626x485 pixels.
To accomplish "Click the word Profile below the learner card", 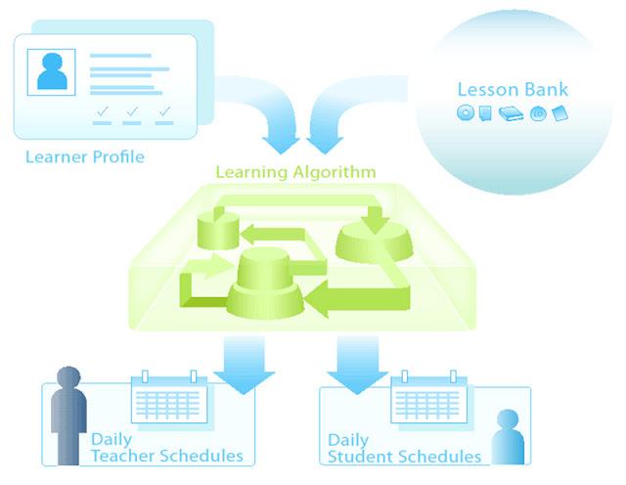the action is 118,156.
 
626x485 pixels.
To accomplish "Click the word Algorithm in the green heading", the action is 335,172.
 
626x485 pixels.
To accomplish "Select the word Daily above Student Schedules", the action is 348,441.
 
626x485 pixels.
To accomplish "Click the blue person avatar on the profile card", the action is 52,71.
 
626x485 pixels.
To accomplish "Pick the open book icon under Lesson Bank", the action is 511,114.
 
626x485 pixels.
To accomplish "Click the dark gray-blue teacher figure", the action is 68,416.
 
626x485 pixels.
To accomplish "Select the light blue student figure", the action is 508,437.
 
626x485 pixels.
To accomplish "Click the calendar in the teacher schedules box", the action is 169,397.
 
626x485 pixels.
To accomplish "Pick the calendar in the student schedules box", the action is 428,397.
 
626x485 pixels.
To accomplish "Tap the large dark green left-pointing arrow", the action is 357,298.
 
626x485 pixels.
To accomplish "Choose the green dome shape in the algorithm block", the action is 375,242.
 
